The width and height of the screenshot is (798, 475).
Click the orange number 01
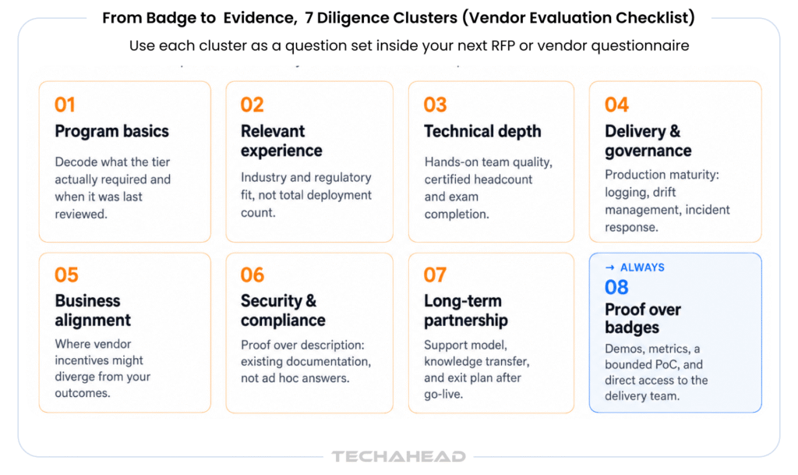(x=65, y=105)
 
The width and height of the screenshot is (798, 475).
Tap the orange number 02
(x=252, y=105)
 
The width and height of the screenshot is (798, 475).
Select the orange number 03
(x=435, y=105)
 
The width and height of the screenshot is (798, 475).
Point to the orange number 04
(x=616, y=105)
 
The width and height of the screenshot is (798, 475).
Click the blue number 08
(x=616, y=288)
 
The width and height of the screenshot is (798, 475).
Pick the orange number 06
(x=252, y=275)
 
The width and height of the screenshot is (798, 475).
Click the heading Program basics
(x=111, y=131)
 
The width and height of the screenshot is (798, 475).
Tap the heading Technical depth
(x=482, y=131)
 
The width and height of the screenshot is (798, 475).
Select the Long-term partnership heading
(x=466, y=310)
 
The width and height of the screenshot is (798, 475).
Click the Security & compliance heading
(x=283, y=310)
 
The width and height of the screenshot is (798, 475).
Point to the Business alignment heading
(x=93, y=310)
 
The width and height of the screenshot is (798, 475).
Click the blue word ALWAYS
(x=642, y=268)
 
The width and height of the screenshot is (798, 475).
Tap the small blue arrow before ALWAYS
(x=609, y=268)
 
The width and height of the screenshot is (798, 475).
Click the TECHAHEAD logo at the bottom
(x=398, y=457)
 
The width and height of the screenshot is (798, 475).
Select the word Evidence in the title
(x=259, y=18)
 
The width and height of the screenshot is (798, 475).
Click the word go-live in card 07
(x=443, y=394)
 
